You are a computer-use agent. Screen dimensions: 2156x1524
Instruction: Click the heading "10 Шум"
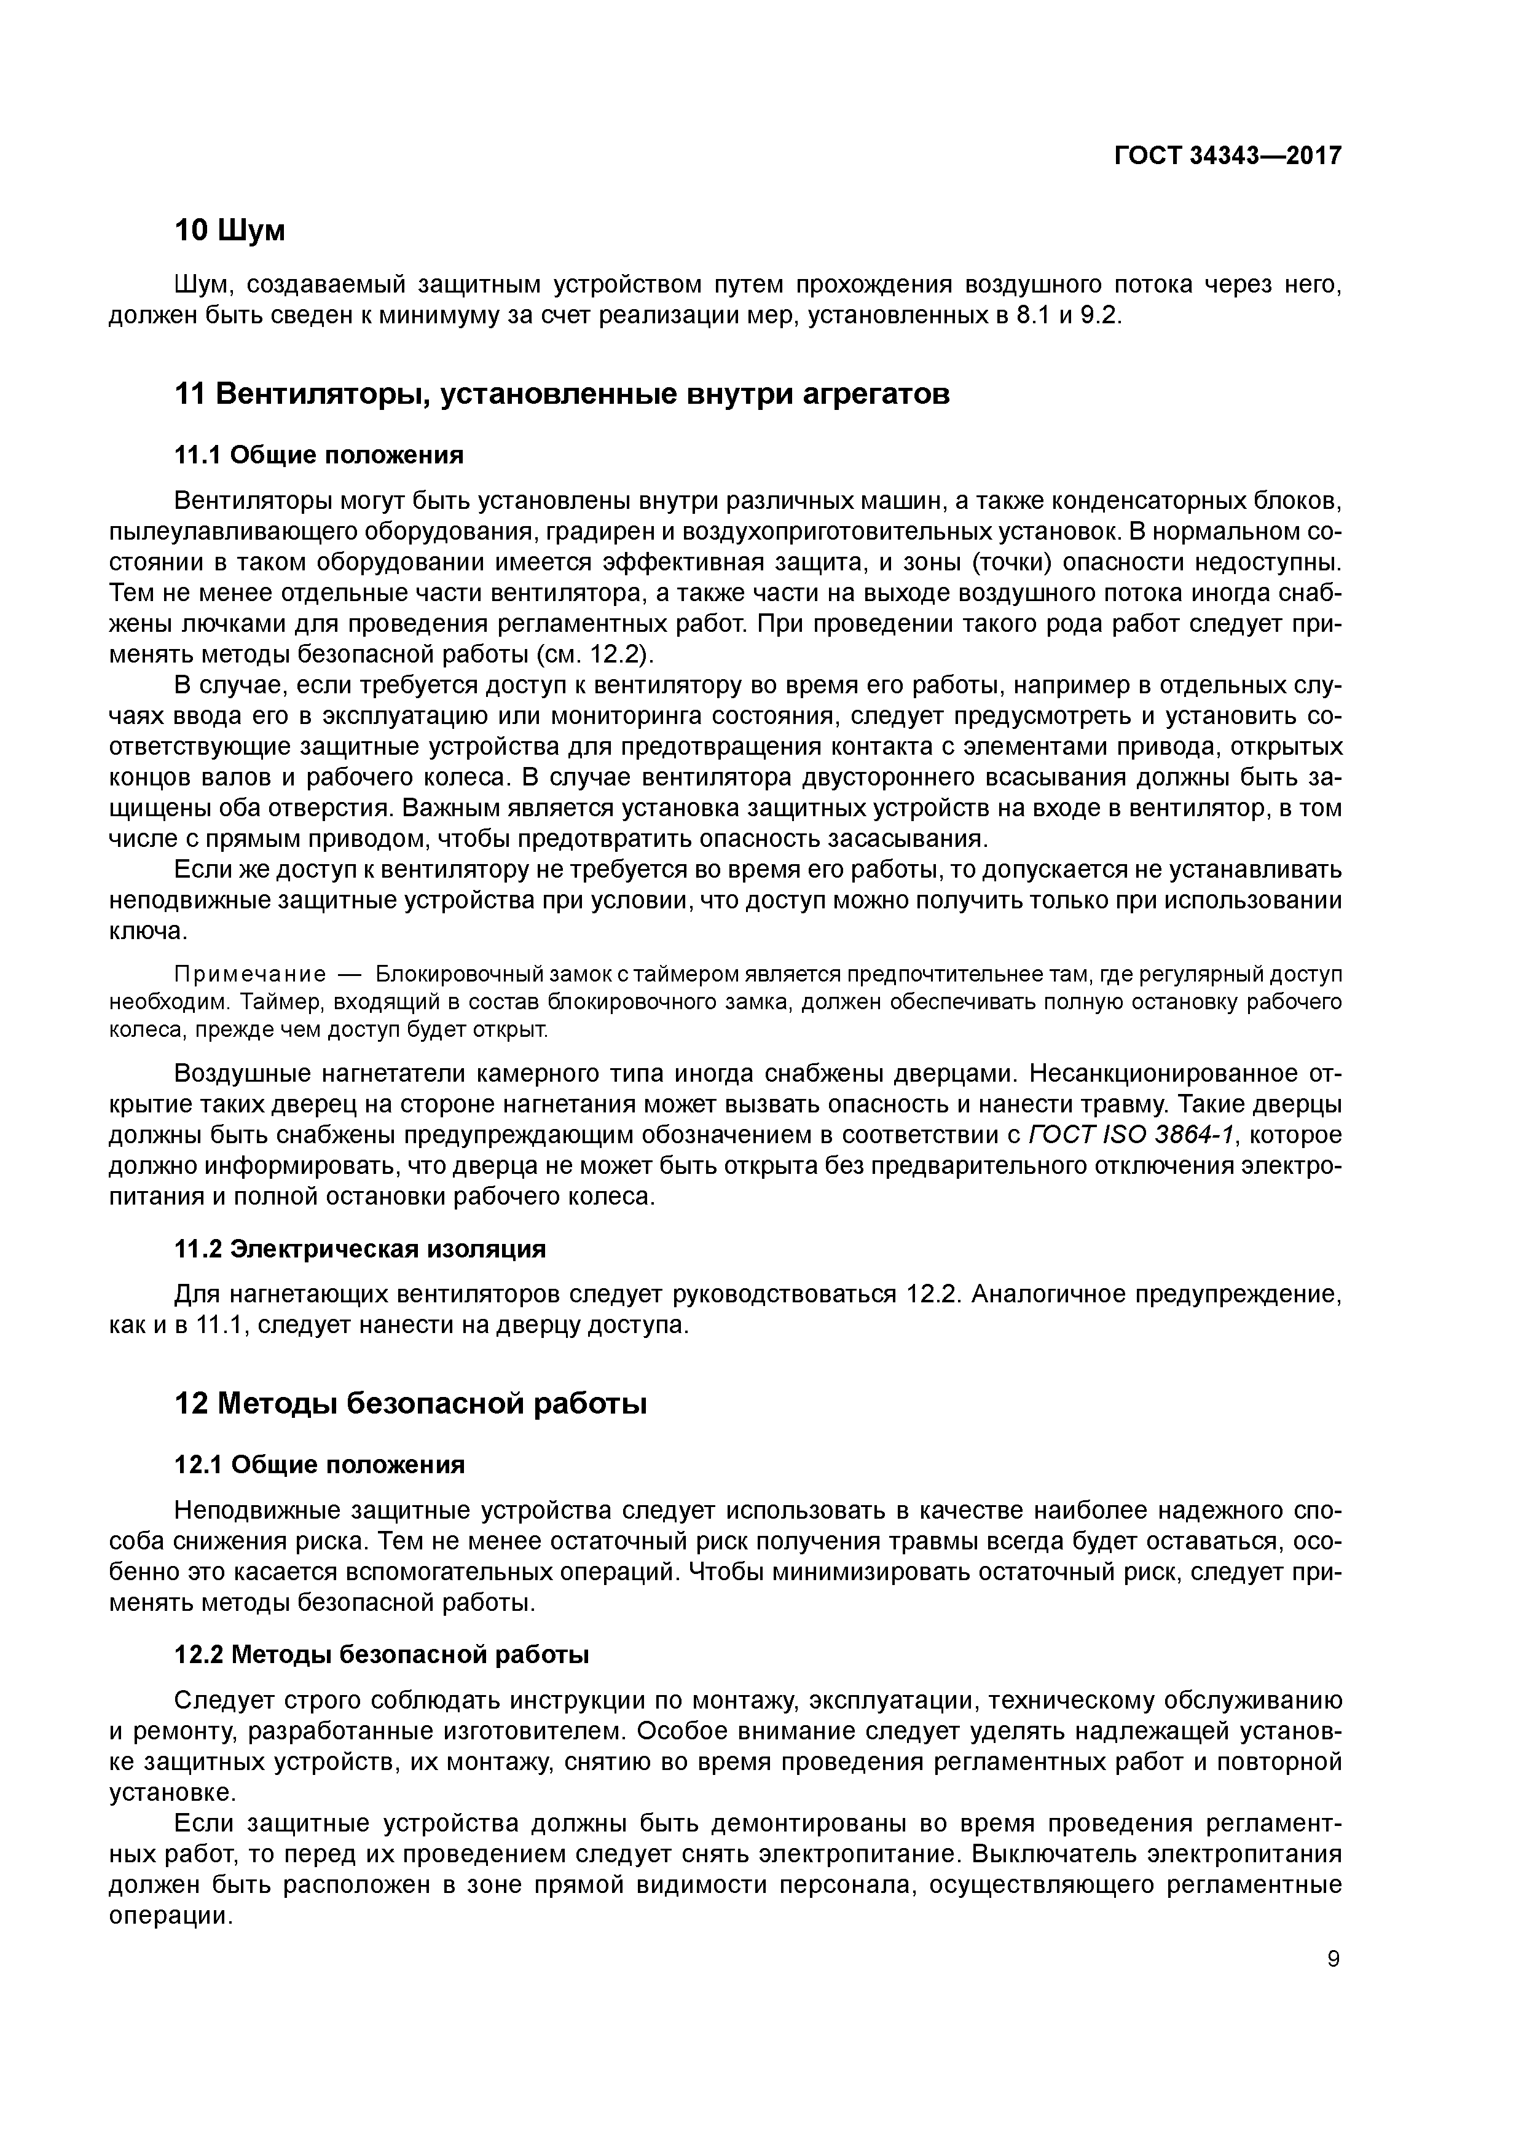[230, 230]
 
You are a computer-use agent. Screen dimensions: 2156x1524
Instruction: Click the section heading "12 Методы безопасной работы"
[411, 1404]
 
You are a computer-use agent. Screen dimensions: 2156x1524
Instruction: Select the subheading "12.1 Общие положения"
[320, 1465]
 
